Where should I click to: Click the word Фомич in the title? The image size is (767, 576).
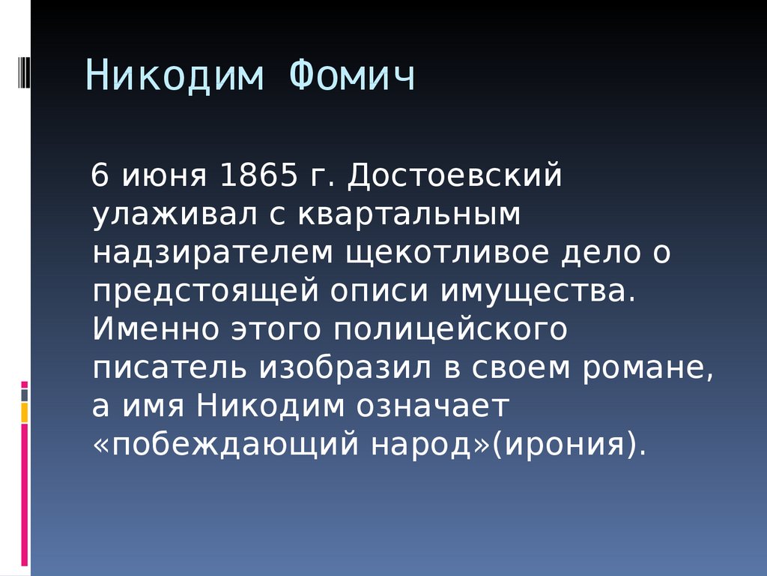click(x=352, y=76)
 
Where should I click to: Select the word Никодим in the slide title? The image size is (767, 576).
click(x=175, y=76)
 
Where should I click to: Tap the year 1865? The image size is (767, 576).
click(x=258, y=175)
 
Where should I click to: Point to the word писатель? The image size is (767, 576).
click(x=169, y=368)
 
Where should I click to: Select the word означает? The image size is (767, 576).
click(x=432, y=407)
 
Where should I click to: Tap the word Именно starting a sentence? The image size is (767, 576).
click(x=156, y=330)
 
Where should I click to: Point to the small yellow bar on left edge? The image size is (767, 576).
click(x=24, y=413)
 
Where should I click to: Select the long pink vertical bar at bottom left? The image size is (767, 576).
click(x=24, y=495)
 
